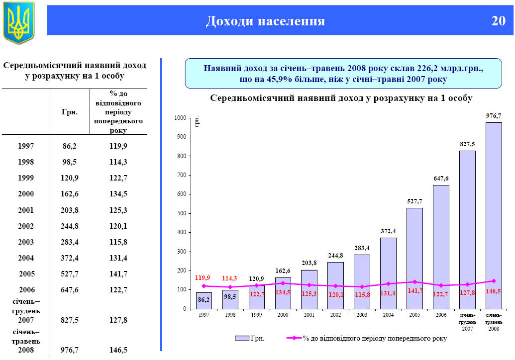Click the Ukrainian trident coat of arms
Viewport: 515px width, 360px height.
[19, 22]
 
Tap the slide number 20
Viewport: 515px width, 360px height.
[498, 21]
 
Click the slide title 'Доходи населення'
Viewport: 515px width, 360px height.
[265, 21]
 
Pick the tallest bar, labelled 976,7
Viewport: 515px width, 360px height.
[494, 215]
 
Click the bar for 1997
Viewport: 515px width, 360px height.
[204, 300]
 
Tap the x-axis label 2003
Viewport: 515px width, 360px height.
[362, 315]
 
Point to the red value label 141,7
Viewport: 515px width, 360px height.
[414, 291]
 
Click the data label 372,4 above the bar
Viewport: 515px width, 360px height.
[388, 231]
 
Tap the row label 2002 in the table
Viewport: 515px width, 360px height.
[26, 226]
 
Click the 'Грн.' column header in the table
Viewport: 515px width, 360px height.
[70, 112]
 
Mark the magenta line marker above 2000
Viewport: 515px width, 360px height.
[283, 283]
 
